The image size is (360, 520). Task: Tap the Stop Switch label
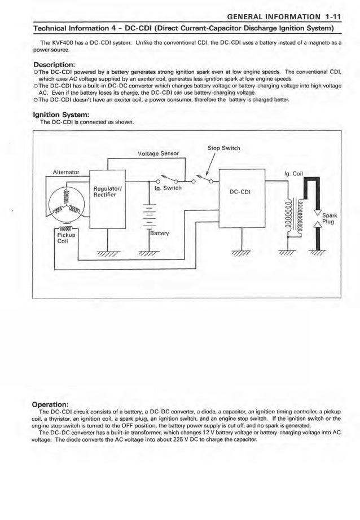pos(223,148)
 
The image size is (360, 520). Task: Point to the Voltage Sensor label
pos(158,153)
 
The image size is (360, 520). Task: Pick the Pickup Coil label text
pos(67,237)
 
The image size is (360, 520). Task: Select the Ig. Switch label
pos(168,188)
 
